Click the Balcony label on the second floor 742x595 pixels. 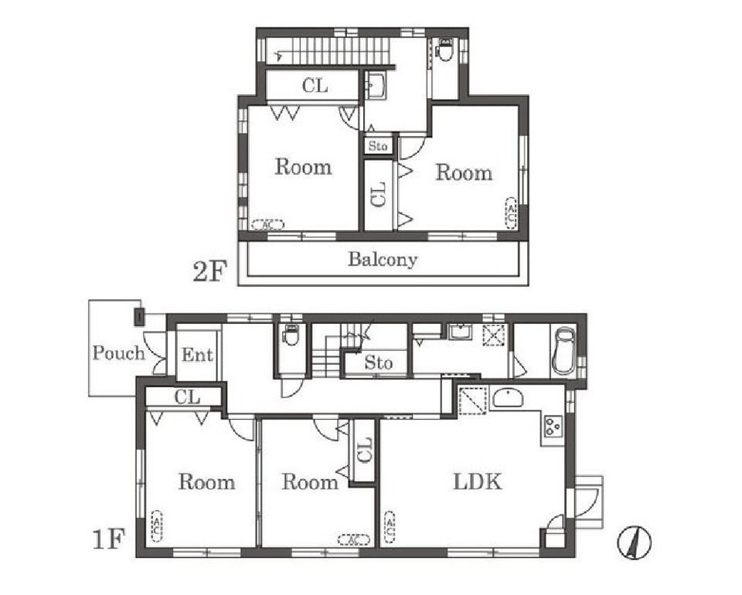point(383,260)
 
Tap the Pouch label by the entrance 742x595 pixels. point(118,353)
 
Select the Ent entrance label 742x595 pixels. point(197,355)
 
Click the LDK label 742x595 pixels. point(478,482)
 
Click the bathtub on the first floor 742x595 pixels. point(564,352)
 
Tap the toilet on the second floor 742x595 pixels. point(445,49)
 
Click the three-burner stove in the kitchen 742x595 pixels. point(553,427)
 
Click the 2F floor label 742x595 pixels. point(209,272)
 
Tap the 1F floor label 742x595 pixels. point(108,539)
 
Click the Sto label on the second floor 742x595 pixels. point(378,146)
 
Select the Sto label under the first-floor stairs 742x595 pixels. point(378,362)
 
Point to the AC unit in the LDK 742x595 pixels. point(390,526)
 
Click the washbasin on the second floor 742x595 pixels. point(376,86)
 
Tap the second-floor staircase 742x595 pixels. point(326,50)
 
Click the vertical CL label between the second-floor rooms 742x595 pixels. point(379,195)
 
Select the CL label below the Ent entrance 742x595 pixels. point(187,397)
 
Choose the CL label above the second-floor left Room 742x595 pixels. point(315,86)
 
